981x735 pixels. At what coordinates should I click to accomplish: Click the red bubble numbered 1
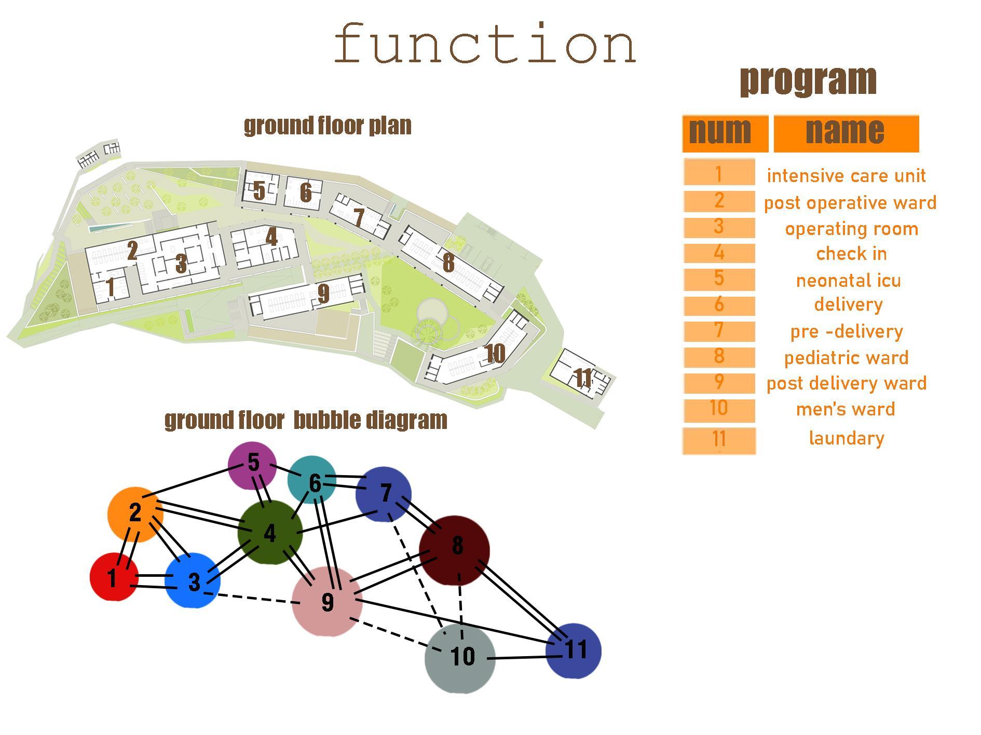point(114,577)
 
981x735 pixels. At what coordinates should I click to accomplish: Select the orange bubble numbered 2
point(135,514)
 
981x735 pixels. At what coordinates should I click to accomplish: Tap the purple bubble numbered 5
point(252,465)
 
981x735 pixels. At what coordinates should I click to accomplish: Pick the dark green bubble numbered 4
point(270,533)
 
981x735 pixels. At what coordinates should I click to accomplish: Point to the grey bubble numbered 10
point(460,658)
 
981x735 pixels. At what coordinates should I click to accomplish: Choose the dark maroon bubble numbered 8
point(455,549)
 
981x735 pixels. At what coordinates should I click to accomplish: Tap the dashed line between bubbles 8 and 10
point(460,607)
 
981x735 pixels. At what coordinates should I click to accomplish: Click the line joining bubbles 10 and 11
point(519,658)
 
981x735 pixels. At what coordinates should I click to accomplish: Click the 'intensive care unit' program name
point(846,176)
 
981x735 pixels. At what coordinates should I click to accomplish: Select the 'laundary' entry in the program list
point(846,438)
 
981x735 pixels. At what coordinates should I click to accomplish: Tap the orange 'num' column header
point(725,133)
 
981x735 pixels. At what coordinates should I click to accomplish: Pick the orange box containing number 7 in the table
point(719,331)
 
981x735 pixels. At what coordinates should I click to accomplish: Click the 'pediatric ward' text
point(846,358)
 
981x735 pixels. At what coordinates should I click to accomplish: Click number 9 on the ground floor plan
point(323,294)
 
